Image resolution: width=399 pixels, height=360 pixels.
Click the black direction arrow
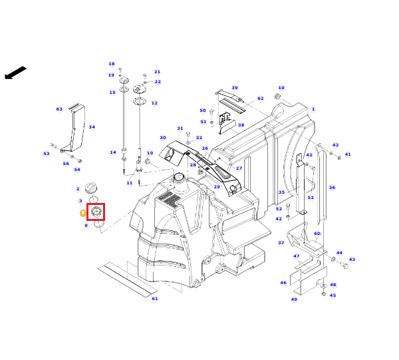(x=15, y=73)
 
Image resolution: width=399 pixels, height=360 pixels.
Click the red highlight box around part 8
(x=96, y=204)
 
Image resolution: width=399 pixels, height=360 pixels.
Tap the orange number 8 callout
(x=83, y=213)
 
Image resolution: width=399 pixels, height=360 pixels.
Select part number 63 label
(x=59, y=109)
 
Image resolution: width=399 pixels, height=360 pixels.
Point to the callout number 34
(x=92, y=127)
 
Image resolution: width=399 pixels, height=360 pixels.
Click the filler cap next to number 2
(x=91, y=188)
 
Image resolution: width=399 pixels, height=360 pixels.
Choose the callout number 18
(x=112, y=64)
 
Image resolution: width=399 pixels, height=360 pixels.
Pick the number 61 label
(x=155, y=298)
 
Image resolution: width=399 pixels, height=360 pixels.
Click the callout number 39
(x=235, y=88)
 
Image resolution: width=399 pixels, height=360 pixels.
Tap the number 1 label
(x=313, y=109)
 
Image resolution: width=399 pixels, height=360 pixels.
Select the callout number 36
(x=332, y=188)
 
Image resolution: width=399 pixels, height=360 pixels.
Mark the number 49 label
(x=294, y=299)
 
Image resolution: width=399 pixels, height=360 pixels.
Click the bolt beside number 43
(x=344, y=266)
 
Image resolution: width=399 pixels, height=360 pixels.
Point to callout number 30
(x=163, y=138)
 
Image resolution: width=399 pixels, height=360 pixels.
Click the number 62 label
(x=260, y=98)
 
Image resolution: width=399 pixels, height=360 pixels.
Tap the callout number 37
(x=281, y=243)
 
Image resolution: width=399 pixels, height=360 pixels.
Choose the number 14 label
(x=113, y=152)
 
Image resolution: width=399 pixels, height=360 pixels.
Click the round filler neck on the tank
(x=180, y=182)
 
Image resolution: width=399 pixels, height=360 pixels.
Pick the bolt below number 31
(x=188, y=134)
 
